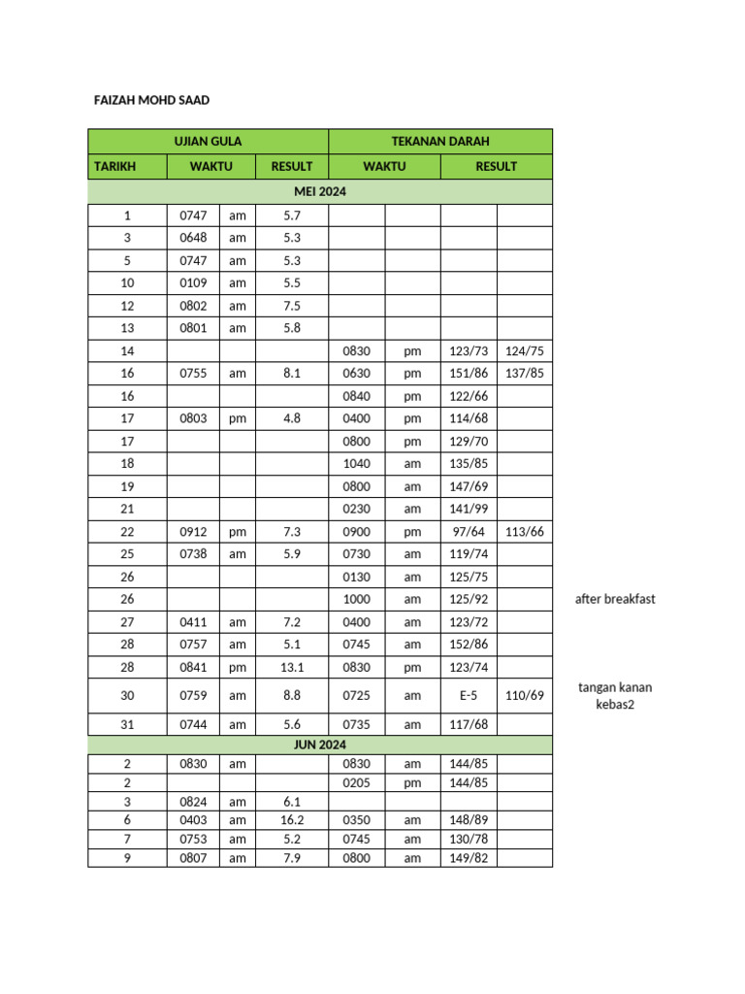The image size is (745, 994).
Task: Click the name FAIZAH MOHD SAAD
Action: pyautogui.click(x=150, y=100)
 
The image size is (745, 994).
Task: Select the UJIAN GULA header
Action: pyautogui.click(x=208, y=142)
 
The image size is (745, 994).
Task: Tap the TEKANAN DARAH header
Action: pyautogui.click(x=440, y=142)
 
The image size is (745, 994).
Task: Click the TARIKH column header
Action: pyautogui.click(x=114, y=166)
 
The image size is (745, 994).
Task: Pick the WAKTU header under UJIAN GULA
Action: pyautogui.click(x=211, y=166)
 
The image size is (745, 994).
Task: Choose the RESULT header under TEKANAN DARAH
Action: pyautogui.click(x=496, y=166)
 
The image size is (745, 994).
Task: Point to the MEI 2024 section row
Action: pyautogui.click(x=319, y=192)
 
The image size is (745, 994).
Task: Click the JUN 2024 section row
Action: pyautogui.click(x=319, y=745)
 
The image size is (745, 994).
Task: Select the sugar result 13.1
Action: pyautogui.click(x=292, y=667)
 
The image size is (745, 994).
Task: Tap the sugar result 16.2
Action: pyautogui.click(x=292, y=820)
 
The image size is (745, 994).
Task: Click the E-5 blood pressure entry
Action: pyautogui.click(x=469, y=695)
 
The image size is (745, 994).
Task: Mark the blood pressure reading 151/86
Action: pyautogui.click(x=469, y=373)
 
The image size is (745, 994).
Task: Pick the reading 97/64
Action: pyautogui.click(x=469, y=531)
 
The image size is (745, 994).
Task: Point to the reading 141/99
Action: pyautogui.click(x=469, y=509)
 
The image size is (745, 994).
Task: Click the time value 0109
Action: pyautogui.click(x=194, y=282)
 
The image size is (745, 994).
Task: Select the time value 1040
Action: pyautogui.click(x=356, y=463)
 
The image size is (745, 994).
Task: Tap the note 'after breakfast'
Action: pyautogui.click(x=615, y=599)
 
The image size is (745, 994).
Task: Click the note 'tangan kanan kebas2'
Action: pyautogui.click(x=615, y=696)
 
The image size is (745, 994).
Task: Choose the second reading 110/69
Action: pyautogui.click(x=525, y=695)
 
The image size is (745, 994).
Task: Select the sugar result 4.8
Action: pyautogui.click(x=292, y=418)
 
